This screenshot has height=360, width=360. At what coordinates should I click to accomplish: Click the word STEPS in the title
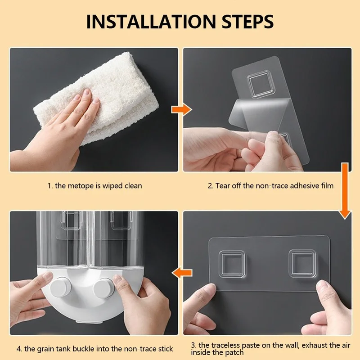(x=246, y=21)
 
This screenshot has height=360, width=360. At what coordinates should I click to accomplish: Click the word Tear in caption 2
(x=223, y=185)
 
